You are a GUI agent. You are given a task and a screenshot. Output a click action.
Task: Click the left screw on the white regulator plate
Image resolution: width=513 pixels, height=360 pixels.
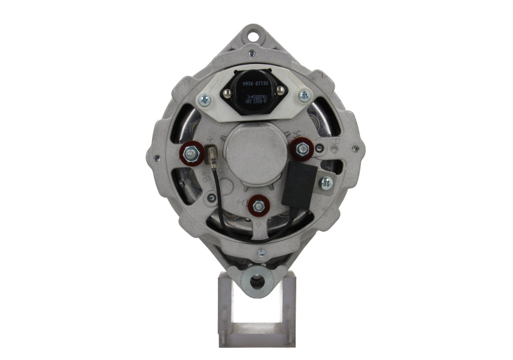[x=205, y=99]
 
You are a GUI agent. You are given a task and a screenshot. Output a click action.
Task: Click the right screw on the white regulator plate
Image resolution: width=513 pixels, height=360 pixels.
[x=304, y=95]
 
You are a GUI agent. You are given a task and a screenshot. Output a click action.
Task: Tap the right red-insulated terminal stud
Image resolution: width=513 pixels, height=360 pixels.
[x=300, y=149]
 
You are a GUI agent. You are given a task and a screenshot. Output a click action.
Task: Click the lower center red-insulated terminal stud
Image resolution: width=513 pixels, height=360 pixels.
[x=258, y=206]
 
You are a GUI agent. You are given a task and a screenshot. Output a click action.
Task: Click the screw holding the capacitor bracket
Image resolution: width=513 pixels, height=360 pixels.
[x=326, y=182]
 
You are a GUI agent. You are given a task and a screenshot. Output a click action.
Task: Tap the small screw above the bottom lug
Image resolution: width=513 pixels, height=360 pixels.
[x=260, y=253]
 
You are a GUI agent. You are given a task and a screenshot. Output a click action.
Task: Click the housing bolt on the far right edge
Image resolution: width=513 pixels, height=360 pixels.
[x=355, y=149]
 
